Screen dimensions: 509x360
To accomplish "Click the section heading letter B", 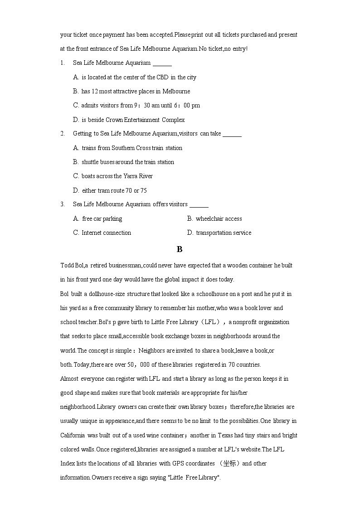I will (x=180, y=249).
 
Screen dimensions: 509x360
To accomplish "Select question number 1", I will (x=62, y=63).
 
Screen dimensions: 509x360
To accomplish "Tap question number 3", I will (x=62, y=204).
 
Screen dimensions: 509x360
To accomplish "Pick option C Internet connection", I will (x=102, y=233).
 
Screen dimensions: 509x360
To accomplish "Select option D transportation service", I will (x=219, y=233).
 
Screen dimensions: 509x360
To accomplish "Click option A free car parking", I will (x=97, y=218).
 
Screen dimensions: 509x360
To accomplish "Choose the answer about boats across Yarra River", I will (x=113, y=176).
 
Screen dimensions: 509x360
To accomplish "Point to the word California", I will (x=73, y=435).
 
